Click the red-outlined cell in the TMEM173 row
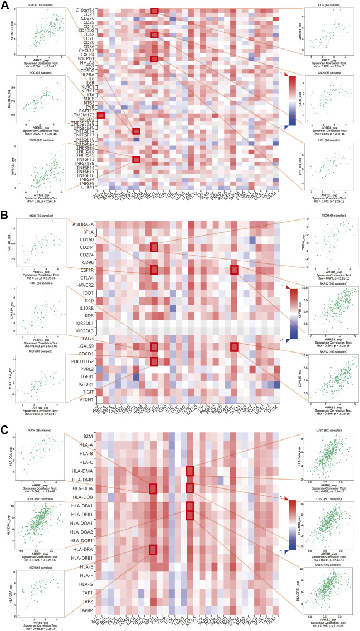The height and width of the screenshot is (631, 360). (x=101, y=115)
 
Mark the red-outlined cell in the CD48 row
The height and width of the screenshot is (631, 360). (x=154, y=35)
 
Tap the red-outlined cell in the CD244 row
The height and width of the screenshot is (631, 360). (x=154, y=247)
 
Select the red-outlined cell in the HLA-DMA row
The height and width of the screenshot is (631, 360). (x=190, y=471)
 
